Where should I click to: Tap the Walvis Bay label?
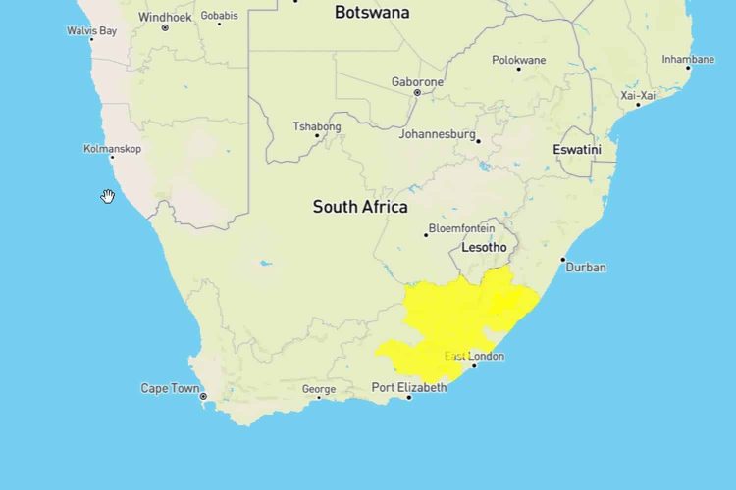pos(91,31)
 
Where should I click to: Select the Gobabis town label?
pos(218,16)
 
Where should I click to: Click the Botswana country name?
pos(372,13)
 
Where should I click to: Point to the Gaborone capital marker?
pos(417,93)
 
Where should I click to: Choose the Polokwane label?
pos(519,60)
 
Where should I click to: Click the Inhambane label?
pos(688,59)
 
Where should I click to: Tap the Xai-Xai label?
pos(638,95)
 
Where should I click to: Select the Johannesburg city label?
pos(437,134)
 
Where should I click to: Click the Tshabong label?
pos(317,126)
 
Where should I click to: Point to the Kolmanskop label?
pos(113,149)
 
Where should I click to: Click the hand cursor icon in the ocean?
pos(108,197)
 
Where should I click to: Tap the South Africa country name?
pos(360,207)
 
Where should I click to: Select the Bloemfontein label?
pos(460,228)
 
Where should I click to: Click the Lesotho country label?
pos(484,248)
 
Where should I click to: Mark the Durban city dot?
pos(563,260)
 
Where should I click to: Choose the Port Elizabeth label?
pos(408,388)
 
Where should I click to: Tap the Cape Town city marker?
pos(204,396)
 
